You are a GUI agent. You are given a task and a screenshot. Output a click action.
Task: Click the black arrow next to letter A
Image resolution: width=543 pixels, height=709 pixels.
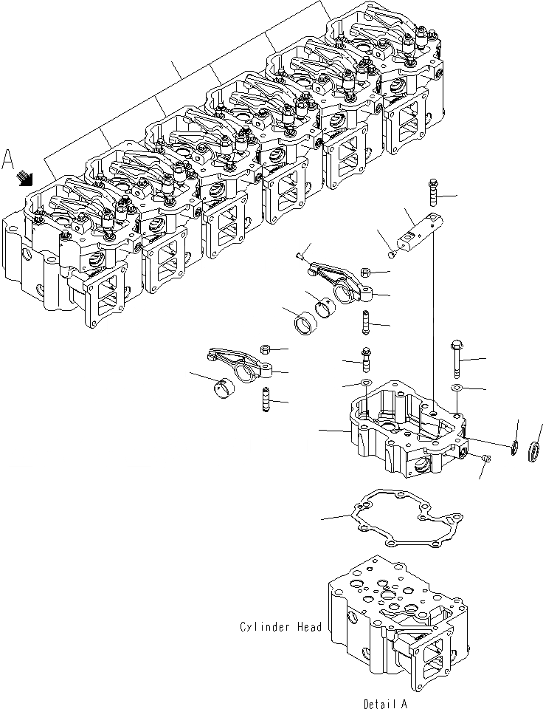click(26, 177)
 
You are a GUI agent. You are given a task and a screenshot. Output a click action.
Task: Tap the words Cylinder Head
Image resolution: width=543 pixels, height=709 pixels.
click(281, 627)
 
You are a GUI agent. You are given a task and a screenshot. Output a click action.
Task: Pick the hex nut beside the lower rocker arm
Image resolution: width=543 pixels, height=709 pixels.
click(266, 349)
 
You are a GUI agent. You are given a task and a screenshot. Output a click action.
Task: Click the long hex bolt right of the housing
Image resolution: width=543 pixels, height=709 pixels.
click(457, 360)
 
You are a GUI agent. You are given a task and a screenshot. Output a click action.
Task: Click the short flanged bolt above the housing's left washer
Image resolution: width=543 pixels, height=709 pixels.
click(365, 360)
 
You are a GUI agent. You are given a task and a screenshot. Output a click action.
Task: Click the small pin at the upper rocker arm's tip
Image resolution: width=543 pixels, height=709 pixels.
click(298, 257)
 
